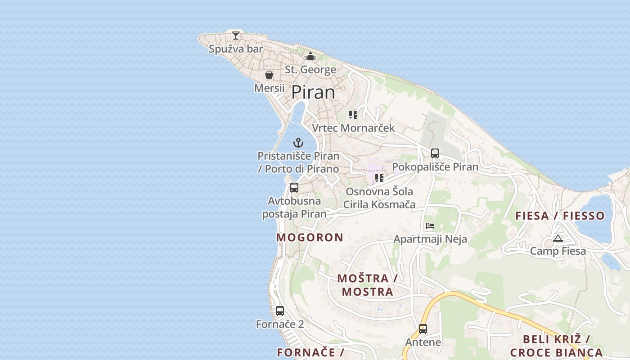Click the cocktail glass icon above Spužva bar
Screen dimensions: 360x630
tap(235, 35)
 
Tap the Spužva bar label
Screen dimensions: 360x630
tap(236, 49)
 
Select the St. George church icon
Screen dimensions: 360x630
tap(310, 57)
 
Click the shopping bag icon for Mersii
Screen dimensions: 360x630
tap(269, 75)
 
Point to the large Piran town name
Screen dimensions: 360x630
tap(313, 92)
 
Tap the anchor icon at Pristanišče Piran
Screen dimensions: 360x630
tap(298, 143)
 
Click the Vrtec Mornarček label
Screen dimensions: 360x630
tap(353, 128)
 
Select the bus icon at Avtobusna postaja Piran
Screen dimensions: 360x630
tap(294, 188)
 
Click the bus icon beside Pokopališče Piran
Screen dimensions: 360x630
tap(435, 153)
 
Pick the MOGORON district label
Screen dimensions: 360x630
tap(310, 237)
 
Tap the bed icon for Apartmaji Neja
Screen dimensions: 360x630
tap(430, 226)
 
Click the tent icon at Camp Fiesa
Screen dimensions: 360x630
tap(558, 238)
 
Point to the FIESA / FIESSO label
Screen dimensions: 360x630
tap(560, 216)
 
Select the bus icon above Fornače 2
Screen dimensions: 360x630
tap(280, 310)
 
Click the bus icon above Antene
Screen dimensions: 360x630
tap(423, 329)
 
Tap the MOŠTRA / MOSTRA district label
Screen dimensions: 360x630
tap(367, 285)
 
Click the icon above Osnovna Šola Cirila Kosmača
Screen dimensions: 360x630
tap(379, 178)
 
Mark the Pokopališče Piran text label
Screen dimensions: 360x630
tap(435, 167)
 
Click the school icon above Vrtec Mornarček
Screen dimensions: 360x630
tap(353, 115)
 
